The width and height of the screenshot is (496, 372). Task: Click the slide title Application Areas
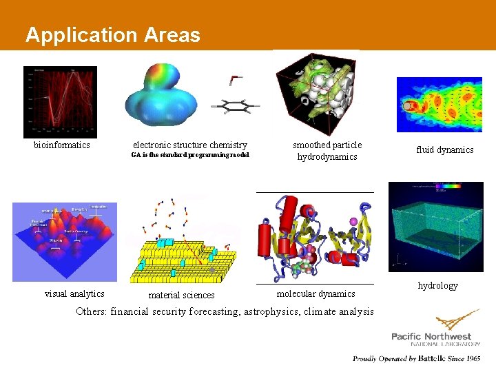click(x=112, y=35)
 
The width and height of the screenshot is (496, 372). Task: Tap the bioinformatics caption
click(x=62, y=145)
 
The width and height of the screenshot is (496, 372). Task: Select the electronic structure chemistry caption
click(x=189, y=145)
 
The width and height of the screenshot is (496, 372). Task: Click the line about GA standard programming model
click(x=189, y=155)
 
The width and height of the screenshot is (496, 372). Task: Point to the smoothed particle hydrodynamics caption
click(x=327, y=151)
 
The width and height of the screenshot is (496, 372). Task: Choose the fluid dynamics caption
click(x=444, y=149)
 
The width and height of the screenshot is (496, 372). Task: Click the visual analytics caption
click(x=74, y=294)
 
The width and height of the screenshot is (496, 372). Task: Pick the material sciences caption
click(x=182, y=296)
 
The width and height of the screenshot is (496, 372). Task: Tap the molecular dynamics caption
click(x=316, y=294)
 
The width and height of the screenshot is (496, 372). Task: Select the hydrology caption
click(x=437, y=285)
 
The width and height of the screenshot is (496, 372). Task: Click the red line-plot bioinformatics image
click(x=60, y=101)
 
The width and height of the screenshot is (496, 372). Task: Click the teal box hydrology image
click(x=435, y=227)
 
